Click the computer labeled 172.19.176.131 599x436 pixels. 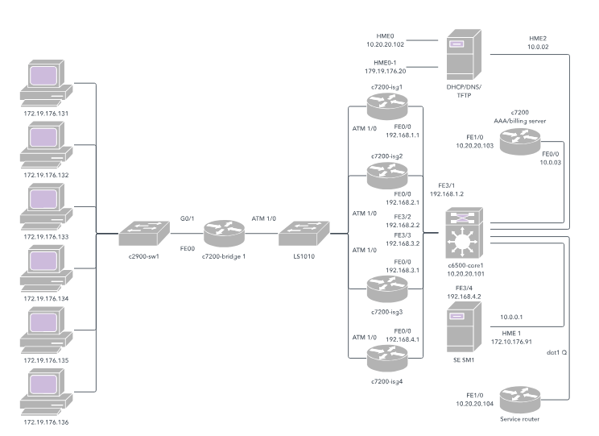point(46,83)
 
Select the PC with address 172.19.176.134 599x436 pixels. point(46,268)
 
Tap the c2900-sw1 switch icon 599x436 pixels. point(144,233)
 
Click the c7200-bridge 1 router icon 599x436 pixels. point(224,233)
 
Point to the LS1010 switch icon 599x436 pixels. point(304,233)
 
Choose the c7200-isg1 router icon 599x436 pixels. point(387,106)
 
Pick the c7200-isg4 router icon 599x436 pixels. point(387,358)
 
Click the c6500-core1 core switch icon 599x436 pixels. point(465,233)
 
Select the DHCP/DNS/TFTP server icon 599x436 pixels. point(464,55)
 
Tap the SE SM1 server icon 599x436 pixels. point(464,327)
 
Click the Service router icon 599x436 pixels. point(520,400)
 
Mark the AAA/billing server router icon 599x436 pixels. point(520,142)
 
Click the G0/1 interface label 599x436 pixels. point(187,218)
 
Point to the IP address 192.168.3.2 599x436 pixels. point(403,243)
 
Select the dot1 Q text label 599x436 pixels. point(556,353)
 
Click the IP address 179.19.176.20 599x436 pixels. point(385,71)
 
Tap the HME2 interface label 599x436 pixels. point(538,39)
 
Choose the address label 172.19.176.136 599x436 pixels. point(46,422)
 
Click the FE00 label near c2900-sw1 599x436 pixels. point(187,249)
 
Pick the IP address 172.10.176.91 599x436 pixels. point(511,342)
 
